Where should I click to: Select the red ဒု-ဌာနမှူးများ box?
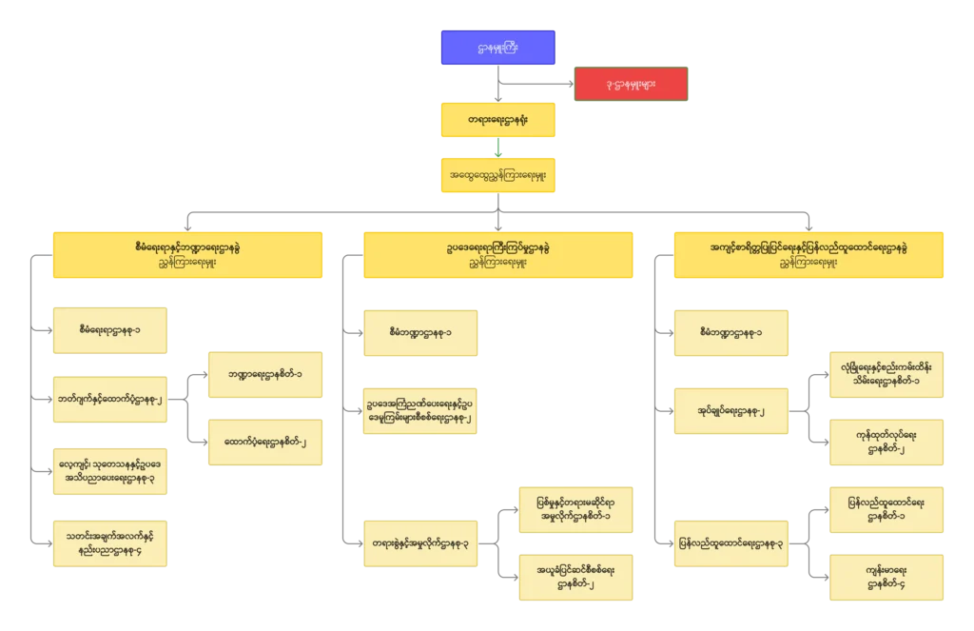tap(631, 84)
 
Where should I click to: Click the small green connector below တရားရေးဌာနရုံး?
tap(497, 148)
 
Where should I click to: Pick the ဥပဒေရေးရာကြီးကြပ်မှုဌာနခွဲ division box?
tap(497, 254)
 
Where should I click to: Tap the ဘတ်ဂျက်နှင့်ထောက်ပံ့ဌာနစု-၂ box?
tap(110, 400)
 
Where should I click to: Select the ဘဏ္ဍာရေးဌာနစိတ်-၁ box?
tap(265, 375)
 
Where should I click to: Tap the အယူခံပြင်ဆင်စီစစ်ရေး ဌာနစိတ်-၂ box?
tap(578, 576)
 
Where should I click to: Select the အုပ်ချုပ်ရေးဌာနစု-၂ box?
tap(731, 412)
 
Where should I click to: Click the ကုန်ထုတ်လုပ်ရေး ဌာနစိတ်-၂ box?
tap(886, 444)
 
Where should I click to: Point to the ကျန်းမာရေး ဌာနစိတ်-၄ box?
tap(886, 576)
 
